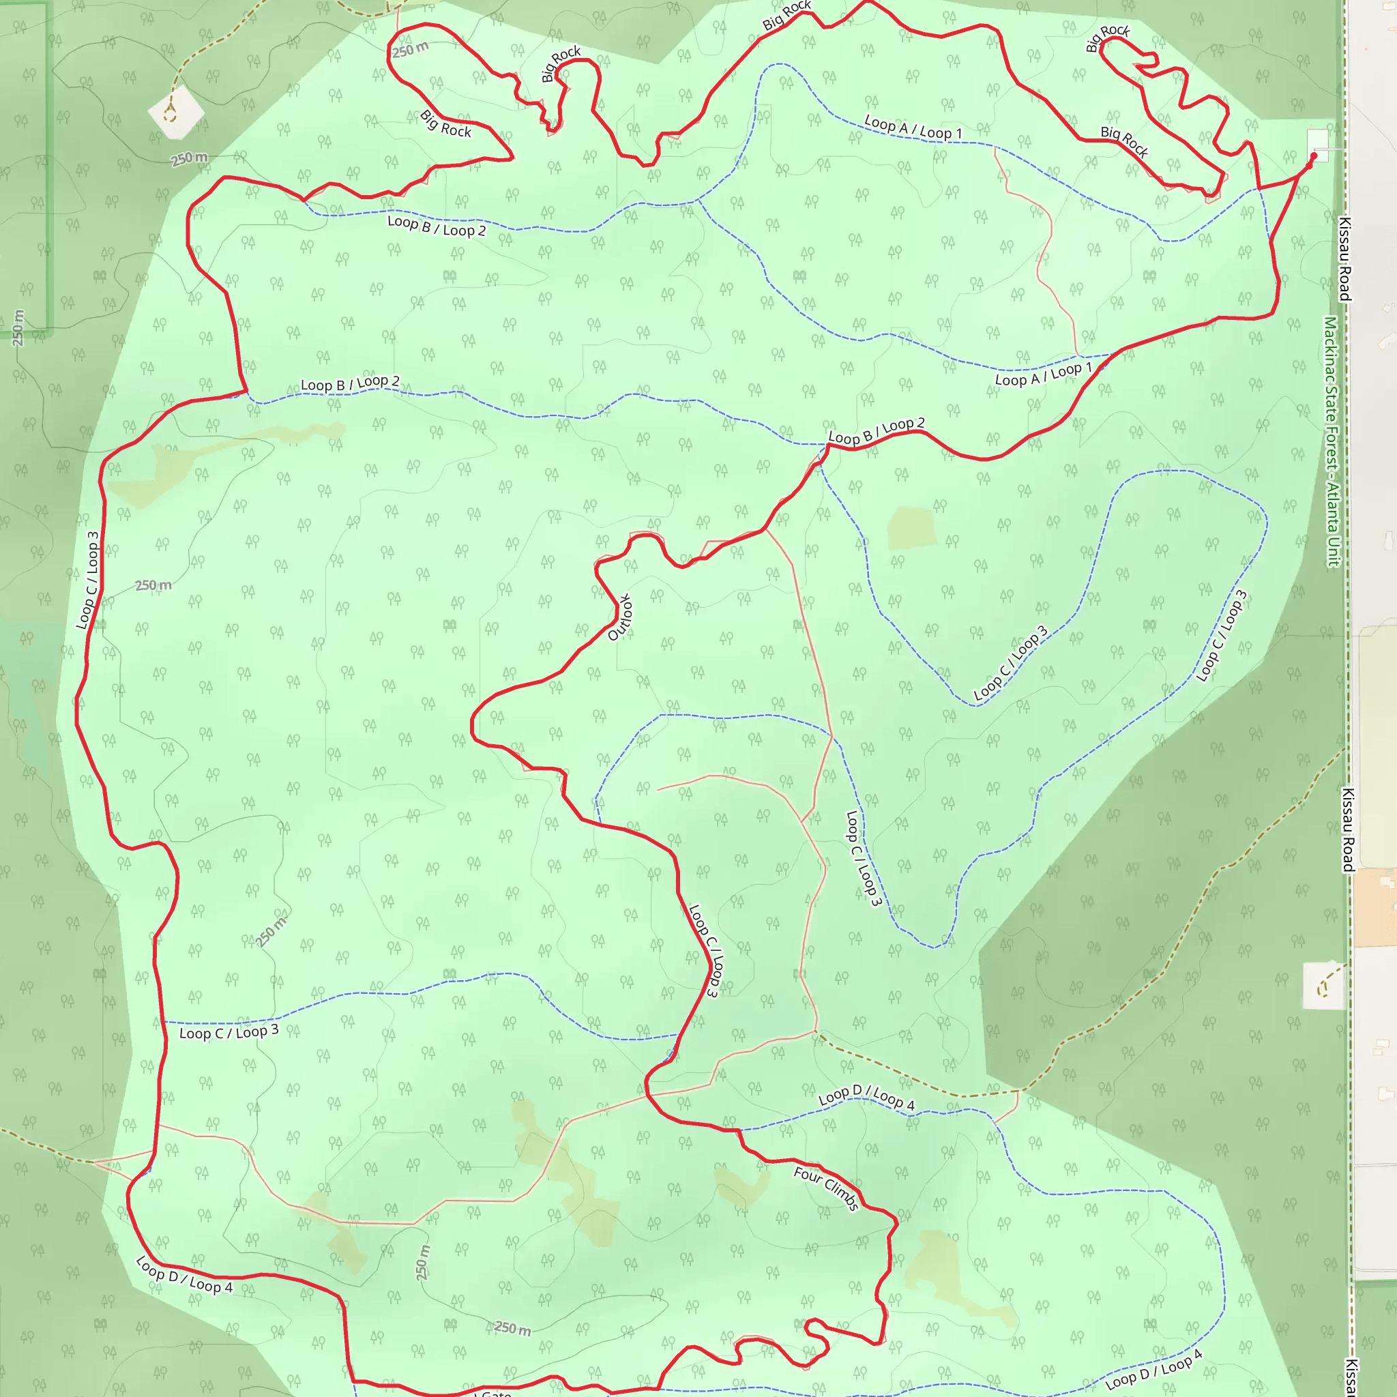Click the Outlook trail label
[621, 617]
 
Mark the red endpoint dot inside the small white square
[1314, 156]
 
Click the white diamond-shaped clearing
[176, 112]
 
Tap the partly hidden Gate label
[496, 1393]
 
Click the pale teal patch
[33, 694]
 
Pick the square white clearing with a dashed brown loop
[1323, 985]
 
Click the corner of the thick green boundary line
[48, 329]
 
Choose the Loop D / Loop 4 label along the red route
[184, 1276]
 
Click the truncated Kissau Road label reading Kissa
[1349, 1377]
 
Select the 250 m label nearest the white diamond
[190, 158]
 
